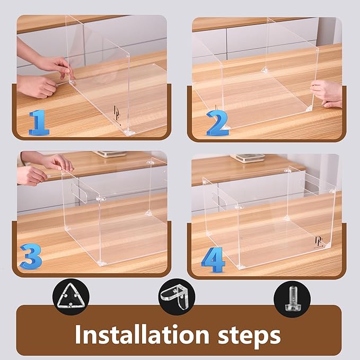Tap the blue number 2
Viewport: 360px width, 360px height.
click(x=218, y=122)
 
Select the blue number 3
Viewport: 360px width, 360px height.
click(x=31, y=257)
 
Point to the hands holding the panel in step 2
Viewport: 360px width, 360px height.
click(x=324, y=93)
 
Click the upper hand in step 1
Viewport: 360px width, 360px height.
click(x=53, y=65)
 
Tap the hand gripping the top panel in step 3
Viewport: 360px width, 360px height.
click(x=56, y=162)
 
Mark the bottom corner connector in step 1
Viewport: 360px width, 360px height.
click(x=128, y=131)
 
